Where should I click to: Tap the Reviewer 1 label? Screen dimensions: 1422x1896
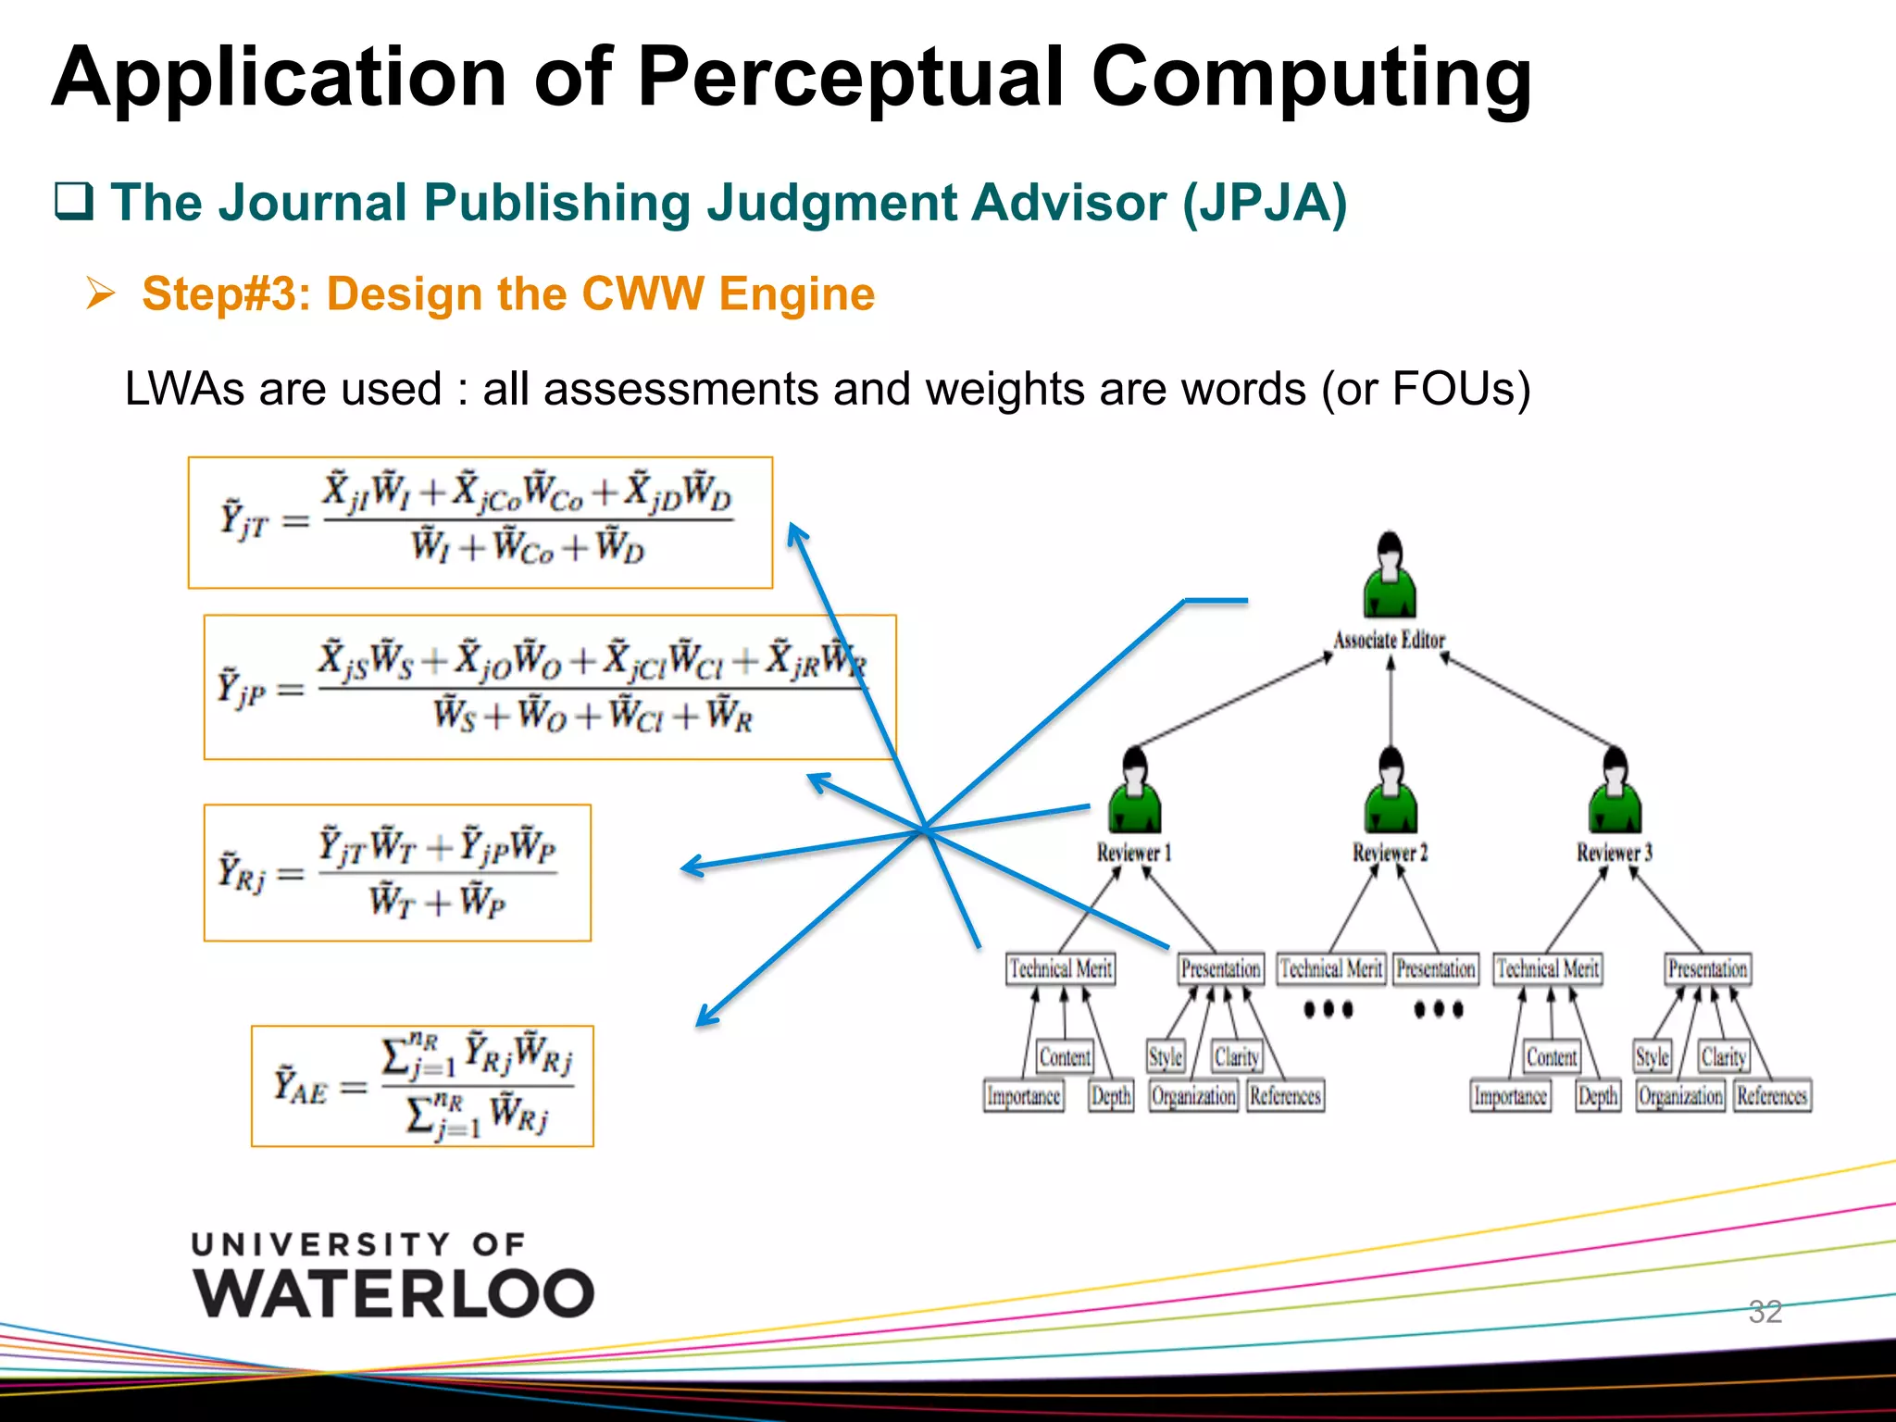tap(1134, 852)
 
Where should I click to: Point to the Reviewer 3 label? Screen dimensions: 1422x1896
tap(1615, 852)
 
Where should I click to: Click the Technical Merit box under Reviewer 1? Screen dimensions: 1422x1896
tap(1061, 968)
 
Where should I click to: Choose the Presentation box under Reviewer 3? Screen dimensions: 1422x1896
tap(1707, 968)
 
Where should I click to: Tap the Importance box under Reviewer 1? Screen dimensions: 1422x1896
tap(1023, 1096)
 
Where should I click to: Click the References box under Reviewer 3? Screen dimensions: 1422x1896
tap(1772, 1096)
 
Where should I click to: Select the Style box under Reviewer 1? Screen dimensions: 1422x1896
tap(1165, 1056)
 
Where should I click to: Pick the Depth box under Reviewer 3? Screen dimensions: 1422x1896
tap(1598, 1096)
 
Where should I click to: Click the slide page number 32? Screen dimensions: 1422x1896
tap(1765, 1311)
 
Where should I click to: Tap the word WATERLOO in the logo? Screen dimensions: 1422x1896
tap(393, 1293)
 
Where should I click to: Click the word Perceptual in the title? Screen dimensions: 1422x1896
tap(851, 78)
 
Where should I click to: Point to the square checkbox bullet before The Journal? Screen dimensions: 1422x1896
tap(74, 201)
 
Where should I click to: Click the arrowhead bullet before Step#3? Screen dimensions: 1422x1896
tap(100, 293)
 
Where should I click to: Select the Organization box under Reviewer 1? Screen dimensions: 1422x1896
tap(1193, 1096)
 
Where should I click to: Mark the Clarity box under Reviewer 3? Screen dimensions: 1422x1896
tap(1723, 1056)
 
